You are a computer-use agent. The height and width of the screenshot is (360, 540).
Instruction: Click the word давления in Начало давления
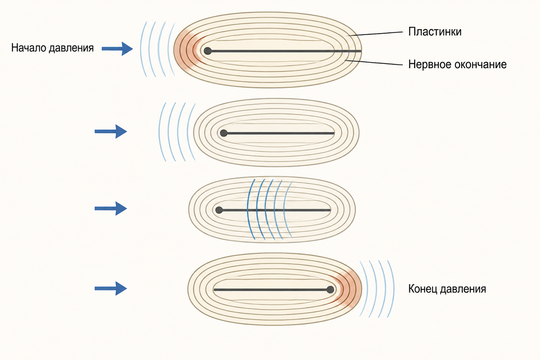71,48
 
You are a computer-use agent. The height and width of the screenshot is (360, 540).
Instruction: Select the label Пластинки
435,32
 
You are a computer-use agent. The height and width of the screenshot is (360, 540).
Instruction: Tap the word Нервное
429,64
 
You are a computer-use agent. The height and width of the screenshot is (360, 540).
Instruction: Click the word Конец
423,289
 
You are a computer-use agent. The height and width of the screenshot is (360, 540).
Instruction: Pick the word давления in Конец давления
463,289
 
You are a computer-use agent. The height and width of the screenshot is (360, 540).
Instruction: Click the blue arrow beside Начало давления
117,49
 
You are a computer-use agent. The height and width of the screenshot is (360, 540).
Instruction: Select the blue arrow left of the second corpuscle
111,131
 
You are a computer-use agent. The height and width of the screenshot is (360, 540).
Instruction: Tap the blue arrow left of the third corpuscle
111,208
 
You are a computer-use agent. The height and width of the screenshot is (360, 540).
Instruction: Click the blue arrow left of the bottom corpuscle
111,288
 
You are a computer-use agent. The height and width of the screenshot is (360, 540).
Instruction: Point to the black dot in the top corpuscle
207,51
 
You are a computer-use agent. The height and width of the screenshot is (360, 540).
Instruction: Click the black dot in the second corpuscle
224,133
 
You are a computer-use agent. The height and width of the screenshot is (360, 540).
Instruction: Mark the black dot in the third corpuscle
219,210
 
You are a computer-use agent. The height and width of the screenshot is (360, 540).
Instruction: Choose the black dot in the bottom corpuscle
330,290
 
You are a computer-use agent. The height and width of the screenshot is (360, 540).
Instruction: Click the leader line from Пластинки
375,34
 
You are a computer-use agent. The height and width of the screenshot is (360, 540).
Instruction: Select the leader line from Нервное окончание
374,63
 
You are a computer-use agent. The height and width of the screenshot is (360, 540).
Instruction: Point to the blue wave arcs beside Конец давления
377,289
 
